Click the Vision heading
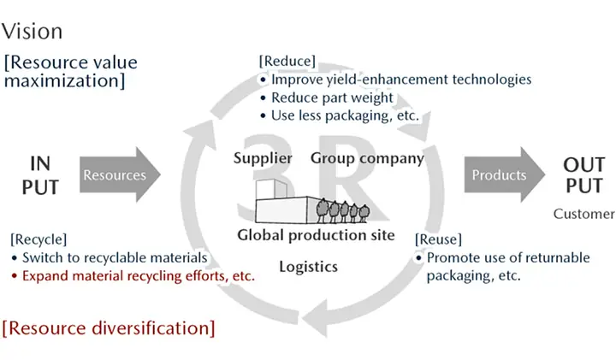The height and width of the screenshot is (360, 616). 32,32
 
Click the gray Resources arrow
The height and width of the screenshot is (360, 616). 118,175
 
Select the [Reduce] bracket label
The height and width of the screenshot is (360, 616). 287,62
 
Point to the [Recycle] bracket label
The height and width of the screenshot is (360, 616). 38,239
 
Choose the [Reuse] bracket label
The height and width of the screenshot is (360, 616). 437,239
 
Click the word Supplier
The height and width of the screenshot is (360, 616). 263,158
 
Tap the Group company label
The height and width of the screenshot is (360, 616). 367,158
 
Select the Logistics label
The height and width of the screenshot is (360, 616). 308,267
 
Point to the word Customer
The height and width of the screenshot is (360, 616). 583,214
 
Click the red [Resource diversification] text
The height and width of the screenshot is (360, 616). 109,327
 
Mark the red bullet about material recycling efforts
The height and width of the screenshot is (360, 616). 138,275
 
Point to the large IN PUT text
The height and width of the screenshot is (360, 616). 40,174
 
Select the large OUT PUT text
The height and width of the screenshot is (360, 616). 584,174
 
